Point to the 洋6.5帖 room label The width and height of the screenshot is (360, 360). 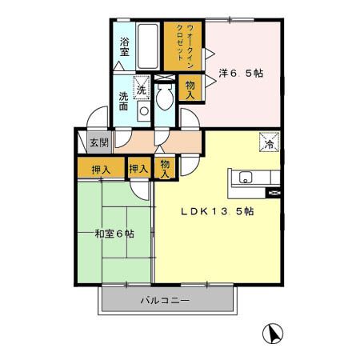click(242, 73)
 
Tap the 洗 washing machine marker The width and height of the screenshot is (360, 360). click(142, 88)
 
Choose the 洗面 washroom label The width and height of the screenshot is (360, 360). click(125, 102)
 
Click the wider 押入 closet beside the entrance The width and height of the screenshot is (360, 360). click(100, 169)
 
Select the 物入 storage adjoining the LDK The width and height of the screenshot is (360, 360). click(165, 167)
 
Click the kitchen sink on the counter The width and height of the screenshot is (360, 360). click(244, 178)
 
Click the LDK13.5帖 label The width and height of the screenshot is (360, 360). click(217, 211)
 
